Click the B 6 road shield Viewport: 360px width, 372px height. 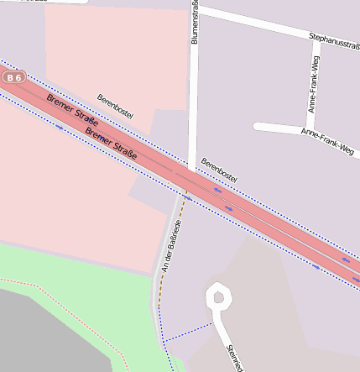(x=13, y=77)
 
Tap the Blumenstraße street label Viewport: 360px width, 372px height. (x=195, y=24)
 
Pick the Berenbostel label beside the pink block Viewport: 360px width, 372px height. (x=116, y=107)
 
